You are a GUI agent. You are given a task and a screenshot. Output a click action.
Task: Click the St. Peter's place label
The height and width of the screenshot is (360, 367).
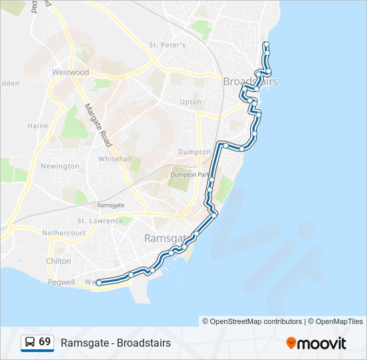click(167, 45)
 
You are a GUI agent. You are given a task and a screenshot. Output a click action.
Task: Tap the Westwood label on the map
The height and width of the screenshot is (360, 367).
click(70, 72)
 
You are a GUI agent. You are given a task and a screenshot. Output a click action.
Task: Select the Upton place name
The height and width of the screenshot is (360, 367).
click(190, 102)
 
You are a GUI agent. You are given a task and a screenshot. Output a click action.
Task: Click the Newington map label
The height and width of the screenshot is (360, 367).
click(60, 166)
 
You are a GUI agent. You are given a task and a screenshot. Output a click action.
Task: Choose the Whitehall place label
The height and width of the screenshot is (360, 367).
click(115, 159)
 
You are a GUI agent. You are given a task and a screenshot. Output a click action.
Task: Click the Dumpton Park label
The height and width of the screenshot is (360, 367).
click(189, 175)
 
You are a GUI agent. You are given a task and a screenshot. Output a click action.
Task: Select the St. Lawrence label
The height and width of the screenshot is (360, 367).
click(100, 221)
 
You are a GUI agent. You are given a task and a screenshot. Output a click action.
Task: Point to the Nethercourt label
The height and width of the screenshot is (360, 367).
click(64, 233)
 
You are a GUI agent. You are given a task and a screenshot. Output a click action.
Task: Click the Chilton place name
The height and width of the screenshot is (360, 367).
click(59, 261)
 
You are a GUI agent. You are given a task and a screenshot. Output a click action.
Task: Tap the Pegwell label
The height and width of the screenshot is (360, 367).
click(63, 283)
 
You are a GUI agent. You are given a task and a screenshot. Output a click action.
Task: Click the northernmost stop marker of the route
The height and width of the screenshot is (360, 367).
click(266, 44)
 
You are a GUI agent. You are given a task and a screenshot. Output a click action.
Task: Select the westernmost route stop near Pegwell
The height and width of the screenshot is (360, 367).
click(99, 283)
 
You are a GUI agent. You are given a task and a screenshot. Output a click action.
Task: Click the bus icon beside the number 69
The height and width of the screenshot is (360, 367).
click(30, 342)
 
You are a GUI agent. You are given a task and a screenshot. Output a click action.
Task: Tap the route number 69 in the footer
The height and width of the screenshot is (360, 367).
click(45, 342)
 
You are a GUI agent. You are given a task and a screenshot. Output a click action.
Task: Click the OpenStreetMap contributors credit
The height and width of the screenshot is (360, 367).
click(256, 321)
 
